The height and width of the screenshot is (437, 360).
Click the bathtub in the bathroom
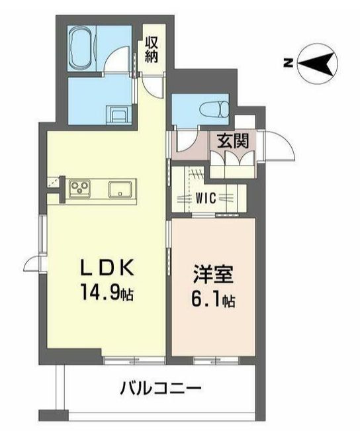click(81, 48)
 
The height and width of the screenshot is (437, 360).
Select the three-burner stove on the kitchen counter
click(79, 188)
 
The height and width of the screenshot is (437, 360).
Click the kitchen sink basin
click(120, 189)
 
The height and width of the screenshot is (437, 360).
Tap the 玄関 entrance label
click(233, 140)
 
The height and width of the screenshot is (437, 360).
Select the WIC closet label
click(206, 198)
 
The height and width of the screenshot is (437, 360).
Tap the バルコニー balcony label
click(160, 387)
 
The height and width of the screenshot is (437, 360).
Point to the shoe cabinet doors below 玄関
click(233, 159)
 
